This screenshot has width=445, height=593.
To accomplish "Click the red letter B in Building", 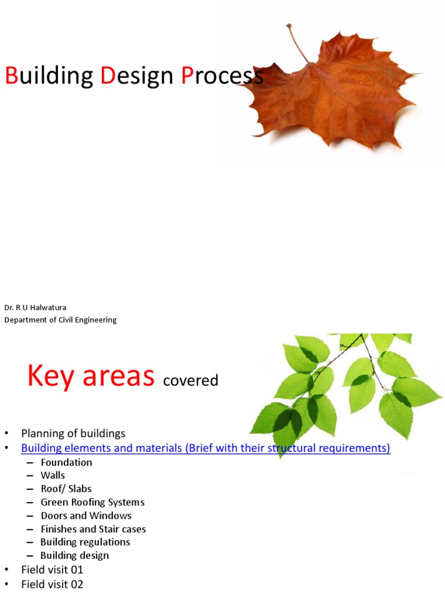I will (x=12, y=76).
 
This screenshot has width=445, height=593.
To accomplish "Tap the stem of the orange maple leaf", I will (x=298, y=43).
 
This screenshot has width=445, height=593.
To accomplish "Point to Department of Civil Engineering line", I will (x=61, y=320).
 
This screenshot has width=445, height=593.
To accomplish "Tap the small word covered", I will (x=191, y=380).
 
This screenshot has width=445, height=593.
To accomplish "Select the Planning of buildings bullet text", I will (x=73, y=433).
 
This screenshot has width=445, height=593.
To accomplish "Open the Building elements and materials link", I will (x=206, y=448).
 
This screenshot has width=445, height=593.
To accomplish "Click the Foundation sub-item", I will (x=66, y=462).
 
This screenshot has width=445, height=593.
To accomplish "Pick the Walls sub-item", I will (x=53, y=475).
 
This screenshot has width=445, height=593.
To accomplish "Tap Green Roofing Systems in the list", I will (x=92, y=502).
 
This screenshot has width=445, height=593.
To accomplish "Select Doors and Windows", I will (x=86, y=515).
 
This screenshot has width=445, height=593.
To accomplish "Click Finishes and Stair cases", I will (x=93, y=529).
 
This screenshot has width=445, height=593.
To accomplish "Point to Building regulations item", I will (x=85, y=542).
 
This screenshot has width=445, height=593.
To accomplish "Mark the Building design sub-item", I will (x=74, y=555).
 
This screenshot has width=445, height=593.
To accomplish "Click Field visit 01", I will (x=52, y=570).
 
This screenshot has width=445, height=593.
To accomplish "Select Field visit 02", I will (x=52, y=584).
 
